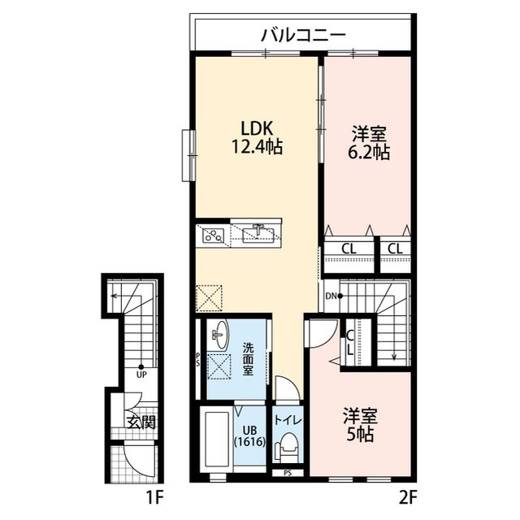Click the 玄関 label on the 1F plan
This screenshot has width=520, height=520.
[x=140, y=422]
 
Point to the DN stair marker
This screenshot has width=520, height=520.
[x=331, y=296]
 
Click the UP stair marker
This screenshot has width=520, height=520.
[x=141, y=373]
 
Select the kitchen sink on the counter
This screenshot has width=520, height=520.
[x=259, y=233]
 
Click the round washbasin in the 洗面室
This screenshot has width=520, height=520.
[x=219, y=334]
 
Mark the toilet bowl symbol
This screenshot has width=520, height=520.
[x=287, y=448]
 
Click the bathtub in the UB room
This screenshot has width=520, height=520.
[x=215, y=440]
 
